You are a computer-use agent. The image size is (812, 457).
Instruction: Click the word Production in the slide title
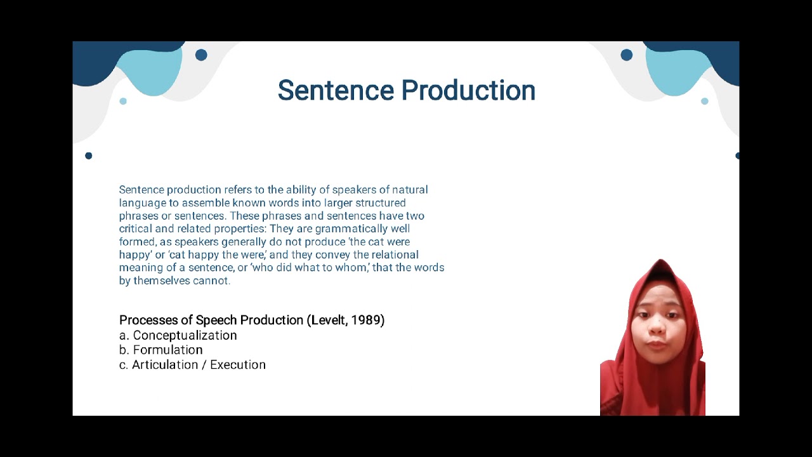[469, 91]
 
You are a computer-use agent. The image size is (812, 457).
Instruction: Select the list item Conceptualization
[185, 335]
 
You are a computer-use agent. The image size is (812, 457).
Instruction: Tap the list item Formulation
[167, 350]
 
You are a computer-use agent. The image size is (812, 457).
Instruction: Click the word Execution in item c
[238, 364]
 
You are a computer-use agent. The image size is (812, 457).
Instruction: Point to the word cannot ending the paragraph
[211, 281]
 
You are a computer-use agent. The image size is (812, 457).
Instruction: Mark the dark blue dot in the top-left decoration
[201, 55]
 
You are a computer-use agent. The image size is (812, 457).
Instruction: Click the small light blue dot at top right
[704, 101]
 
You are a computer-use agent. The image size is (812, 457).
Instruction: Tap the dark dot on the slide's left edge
[88, 156]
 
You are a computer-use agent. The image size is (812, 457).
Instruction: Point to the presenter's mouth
[657, 344]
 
